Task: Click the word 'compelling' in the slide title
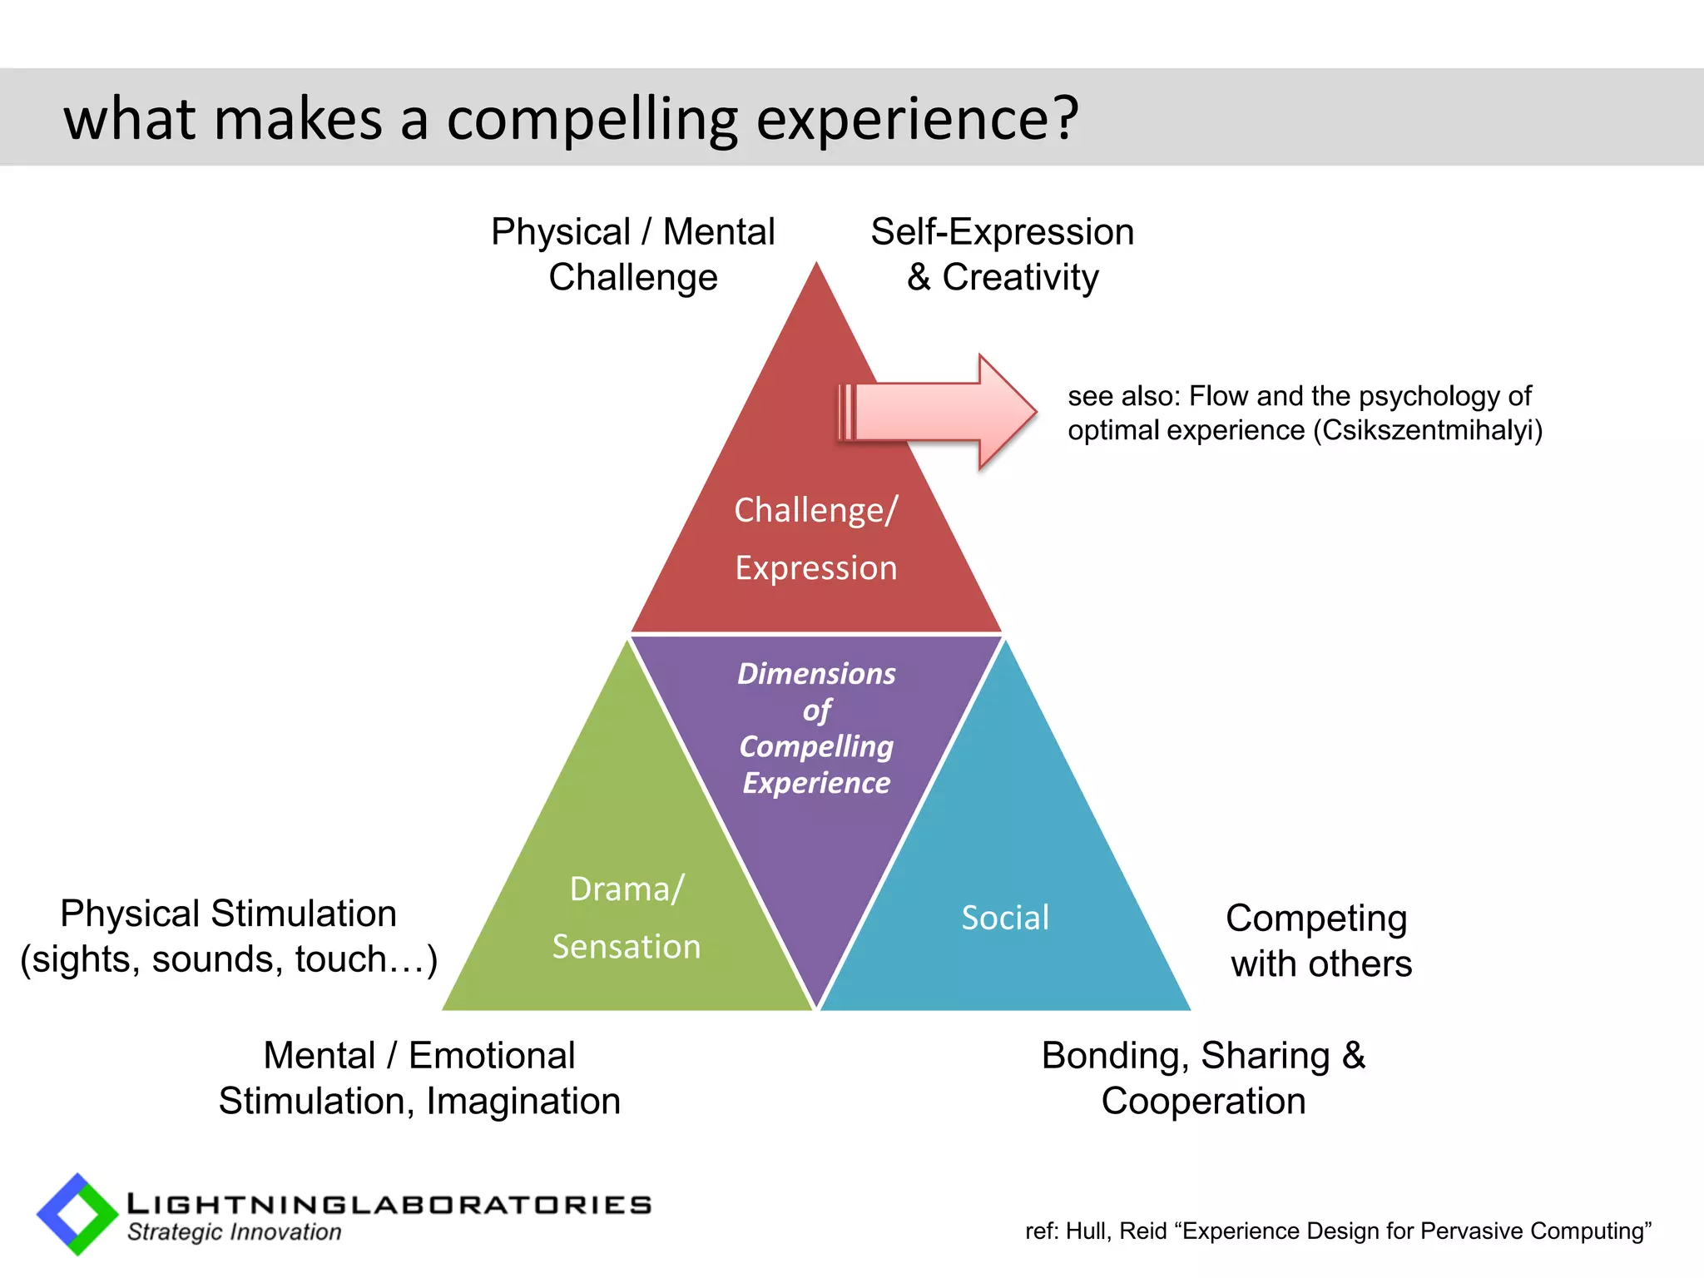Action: click(592, 119)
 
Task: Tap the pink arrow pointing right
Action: click(940, 412)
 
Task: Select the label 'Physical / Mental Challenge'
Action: click(632, 254)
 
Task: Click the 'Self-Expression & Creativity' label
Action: click(1002, 254)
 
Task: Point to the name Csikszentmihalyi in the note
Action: click(1427, 430)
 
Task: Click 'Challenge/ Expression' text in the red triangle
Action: click(816, 538)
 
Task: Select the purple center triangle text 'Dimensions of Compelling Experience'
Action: click(816, 727)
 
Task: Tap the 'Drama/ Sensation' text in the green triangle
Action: click(627, 918)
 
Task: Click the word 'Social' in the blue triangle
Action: click(1004, 918)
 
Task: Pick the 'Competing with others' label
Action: click(1318, 940)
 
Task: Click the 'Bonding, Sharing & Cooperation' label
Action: click(1203, 1077)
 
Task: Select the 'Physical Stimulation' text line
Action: click(228, 914)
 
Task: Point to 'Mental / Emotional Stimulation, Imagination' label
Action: click(419, 1077)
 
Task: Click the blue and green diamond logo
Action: click(77, 1214)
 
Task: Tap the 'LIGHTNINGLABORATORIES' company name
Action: click(389, 1204)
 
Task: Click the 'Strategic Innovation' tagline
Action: click(234, 1232)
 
